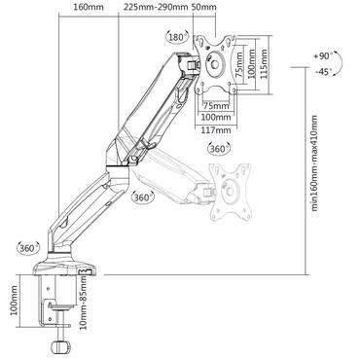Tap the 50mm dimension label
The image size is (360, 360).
click(x=205, y=8)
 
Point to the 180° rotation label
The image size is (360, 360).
click(x=177, y=38)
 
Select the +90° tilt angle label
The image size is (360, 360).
click(x=325, y=55)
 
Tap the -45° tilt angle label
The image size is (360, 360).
click(x=325, y=72)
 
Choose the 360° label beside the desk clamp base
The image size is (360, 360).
click(x=22, y=246)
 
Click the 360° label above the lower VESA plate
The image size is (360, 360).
click(x=219, y=151)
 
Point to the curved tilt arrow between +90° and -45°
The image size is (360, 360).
click(x=347, y=63)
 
